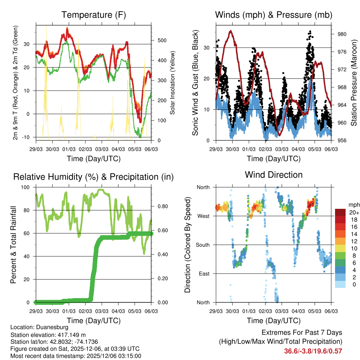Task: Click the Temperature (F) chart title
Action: pyautogui.click(x=94, y=15)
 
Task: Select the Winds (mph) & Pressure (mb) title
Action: pyautogui.click(x=274, y=15)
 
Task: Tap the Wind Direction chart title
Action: pyautogui.click(x=274, y=174)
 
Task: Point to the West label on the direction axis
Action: pyautogui.click(x=203, y=216)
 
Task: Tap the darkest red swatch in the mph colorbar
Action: pyautogui.click(x=340, y=212)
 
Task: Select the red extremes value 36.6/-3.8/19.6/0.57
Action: pyautogui.click(x=313, y=351)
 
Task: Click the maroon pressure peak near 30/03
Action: pyautogui.click(x=231, y=31)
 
